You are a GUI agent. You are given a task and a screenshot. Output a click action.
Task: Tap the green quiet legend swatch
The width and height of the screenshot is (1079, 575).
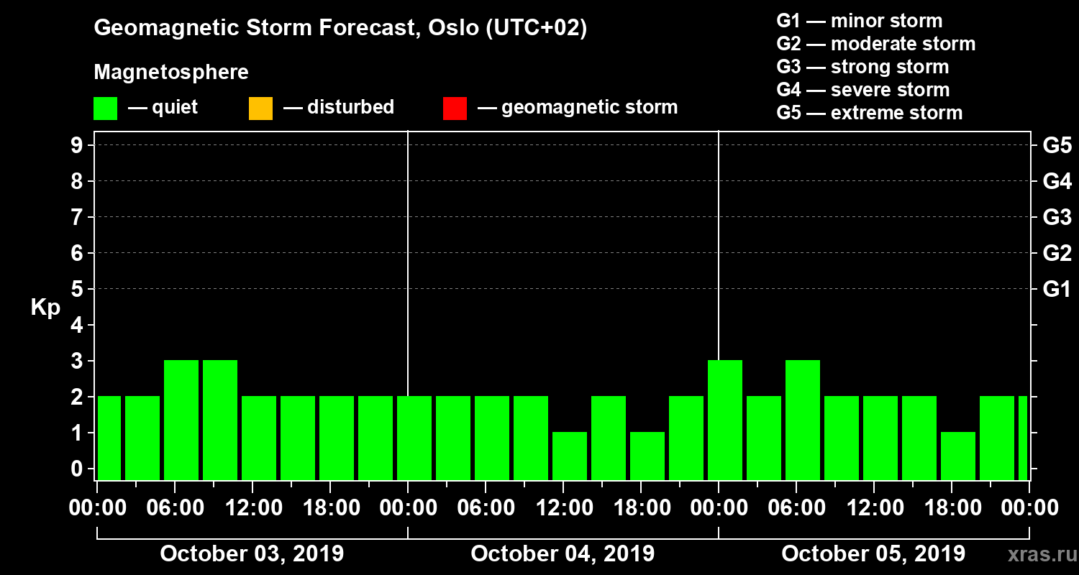[105, 109]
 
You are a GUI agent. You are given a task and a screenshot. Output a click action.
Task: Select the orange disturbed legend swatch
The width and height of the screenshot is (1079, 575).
[260, 109]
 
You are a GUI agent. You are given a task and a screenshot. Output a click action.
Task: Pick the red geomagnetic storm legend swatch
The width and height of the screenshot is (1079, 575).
[455, 109]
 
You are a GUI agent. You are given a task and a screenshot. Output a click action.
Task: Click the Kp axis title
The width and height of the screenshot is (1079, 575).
[45, 308]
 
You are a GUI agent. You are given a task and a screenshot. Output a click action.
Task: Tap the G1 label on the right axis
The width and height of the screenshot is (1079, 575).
[1057, 290]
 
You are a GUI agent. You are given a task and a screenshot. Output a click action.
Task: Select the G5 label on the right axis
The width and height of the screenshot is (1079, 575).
[1057, 146]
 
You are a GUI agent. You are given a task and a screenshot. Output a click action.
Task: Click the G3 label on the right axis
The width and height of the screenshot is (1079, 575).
[1057, 218]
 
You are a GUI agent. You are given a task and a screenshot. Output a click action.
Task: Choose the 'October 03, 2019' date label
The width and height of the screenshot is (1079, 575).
[252, 554]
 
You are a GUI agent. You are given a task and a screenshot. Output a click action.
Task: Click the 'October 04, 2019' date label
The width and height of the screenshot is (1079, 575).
[563, 554]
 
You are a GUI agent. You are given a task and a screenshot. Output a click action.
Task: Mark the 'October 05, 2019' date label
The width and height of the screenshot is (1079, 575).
[873, 554]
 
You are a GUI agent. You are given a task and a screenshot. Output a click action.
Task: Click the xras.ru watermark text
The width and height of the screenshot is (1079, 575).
[1037, 555]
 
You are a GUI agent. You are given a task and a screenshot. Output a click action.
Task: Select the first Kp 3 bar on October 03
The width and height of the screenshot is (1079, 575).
[181, 420]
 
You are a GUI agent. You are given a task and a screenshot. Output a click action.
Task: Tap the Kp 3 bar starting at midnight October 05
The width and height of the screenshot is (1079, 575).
[725, 420]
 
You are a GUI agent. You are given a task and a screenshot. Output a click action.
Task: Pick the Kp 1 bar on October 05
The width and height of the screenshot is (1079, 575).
[958, 456]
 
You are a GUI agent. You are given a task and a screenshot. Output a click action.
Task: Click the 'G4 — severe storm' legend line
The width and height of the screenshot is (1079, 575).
[863, 90]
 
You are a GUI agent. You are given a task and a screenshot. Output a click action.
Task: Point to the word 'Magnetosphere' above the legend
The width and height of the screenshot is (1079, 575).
[171, 73]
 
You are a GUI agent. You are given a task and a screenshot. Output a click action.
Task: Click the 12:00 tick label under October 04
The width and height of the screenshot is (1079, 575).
[564, 508]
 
